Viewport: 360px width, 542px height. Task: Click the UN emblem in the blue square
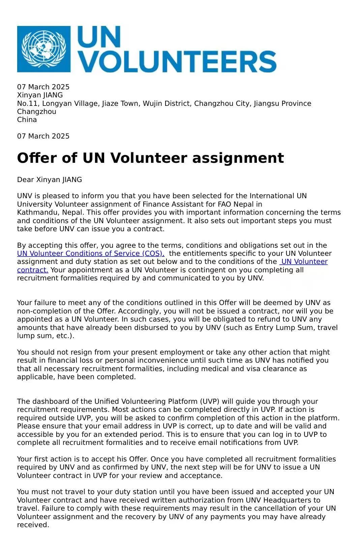(44, 49)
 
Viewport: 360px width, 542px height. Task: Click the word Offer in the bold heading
(39, 158)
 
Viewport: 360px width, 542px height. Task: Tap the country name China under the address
(27, 120)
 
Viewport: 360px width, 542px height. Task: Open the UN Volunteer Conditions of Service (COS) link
(91, 253)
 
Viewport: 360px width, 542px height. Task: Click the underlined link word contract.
(33, 270)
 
